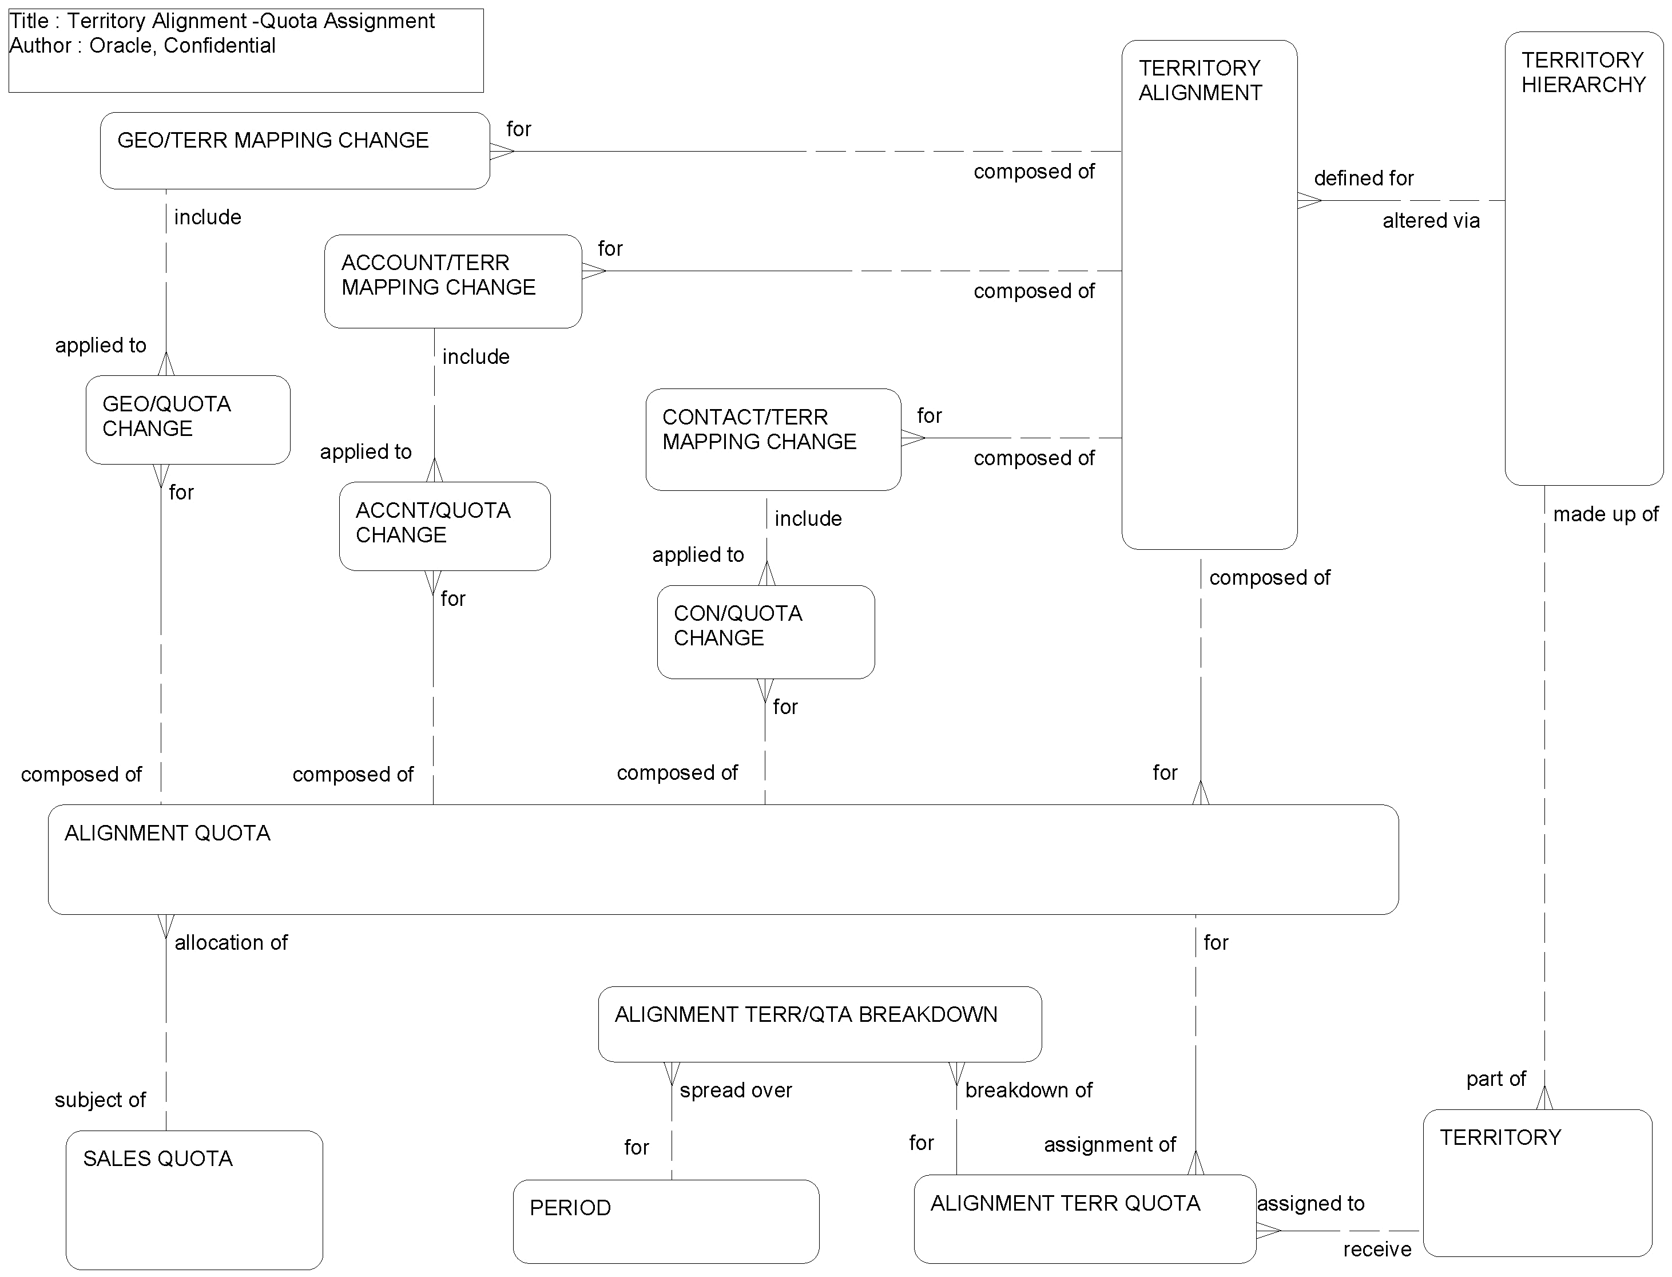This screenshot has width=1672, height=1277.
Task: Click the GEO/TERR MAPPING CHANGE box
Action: (x=295, y=150)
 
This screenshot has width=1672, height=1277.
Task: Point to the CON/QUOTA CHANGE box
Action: (x=765, y=632)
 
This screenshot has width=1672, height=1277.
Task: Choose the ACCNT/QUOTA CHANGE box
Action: (x=444, y=526)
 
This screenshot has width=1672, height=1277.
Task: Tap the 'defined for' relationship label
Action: (x=1364, y=178)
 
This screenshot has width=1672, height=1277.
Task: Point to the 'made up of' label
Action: (x=1605, y=514)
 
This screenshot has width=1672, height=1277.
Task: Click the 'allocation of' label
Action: (x=231, y=942)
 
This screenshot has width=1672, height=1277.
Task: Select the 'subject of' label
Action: (x=100, y=1100)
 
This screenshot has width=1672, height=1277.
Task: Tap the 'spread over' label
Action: (x=736, y=1090)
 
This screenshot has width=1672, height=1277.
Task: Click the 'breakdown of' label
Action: (x=1028, y=1090)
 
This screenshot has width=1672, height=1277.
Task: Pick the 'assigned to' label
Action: (x=1310, y=1203)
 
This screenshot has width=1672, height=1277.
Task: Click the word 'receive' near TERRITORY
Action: (x=1376, y=1249)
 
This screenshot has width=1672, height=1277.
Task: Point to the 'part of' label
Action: (x=1495, y=1078)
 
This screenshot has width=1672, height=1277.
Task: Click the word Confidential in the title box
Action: (x=220, y=46)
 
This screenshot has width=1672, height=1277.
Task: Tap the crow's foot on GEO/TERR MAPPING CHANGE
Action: (x=502, y=151)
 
